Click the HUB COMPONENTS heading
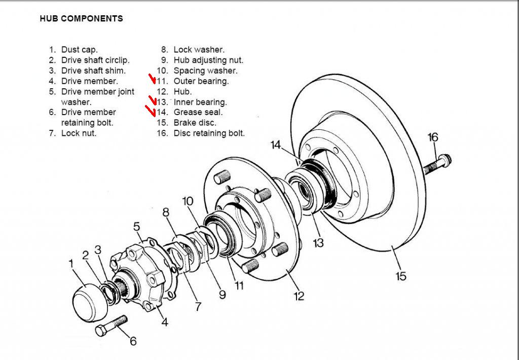point(81,19)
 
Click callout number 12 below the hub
point(299,295)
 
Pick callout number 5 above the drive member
point(136,227)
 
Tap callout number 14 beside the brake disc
point(275,145)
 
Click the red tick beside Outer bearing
point(152,80)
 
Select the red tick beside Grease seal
point(151,110)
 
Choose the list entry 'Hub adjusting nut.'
point(202,60)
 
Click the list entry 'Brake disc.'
point(195,123)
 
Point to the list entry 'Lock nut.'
point(79,133)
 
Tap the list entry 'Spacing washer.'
point(205,71)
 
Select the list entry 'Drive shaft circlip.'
point(95,60)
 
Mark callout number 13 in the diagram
point(318,243)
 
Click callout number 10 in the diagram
point(188,201)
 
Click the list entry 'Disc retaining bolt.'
point(209,133)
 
